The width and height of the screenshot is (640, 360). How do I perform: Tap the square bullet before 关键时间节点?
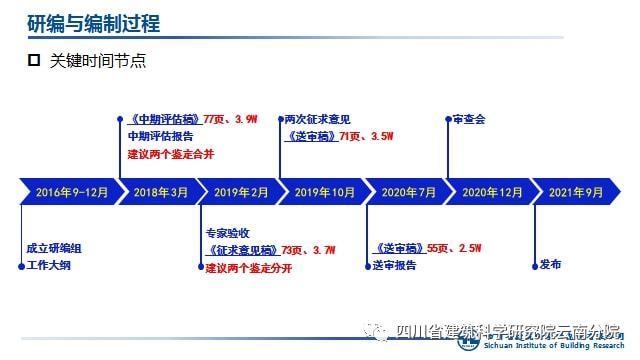pyautogui.click(x=33, y=60)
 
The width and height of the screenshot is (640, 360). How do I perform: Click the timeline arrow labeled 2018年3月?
pyautogui.click(x=160, y=191)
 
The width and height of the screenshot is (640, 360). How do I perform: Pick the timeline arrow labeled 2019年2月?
pyautogui.click(x=241, y=191)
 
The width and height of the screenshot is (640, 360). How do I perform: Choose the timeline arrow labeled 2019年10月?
pyautogui.click(x=324, y=191)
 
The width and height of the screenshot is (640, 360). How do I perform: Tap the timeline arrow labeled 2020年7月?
pyautogui.click(x=408, y=191)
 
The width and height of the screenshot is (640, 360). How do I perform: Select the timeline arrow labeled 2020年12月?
pyautogui.click(x=490, y=191)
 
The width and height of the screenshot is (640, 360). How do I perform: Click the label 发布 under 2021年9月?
pyautogui.click(x=550, y=265)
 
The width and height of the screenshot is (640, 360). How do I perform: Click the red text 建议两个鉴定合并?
pyautogui.click(x=170, y=155)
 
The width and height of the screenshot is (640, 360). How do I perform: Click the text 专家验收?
pyautogui.click(x=228, y=232)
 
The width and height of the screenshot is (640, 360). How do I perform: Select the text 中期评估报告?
pyautogui.click(x=163, y=137)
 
